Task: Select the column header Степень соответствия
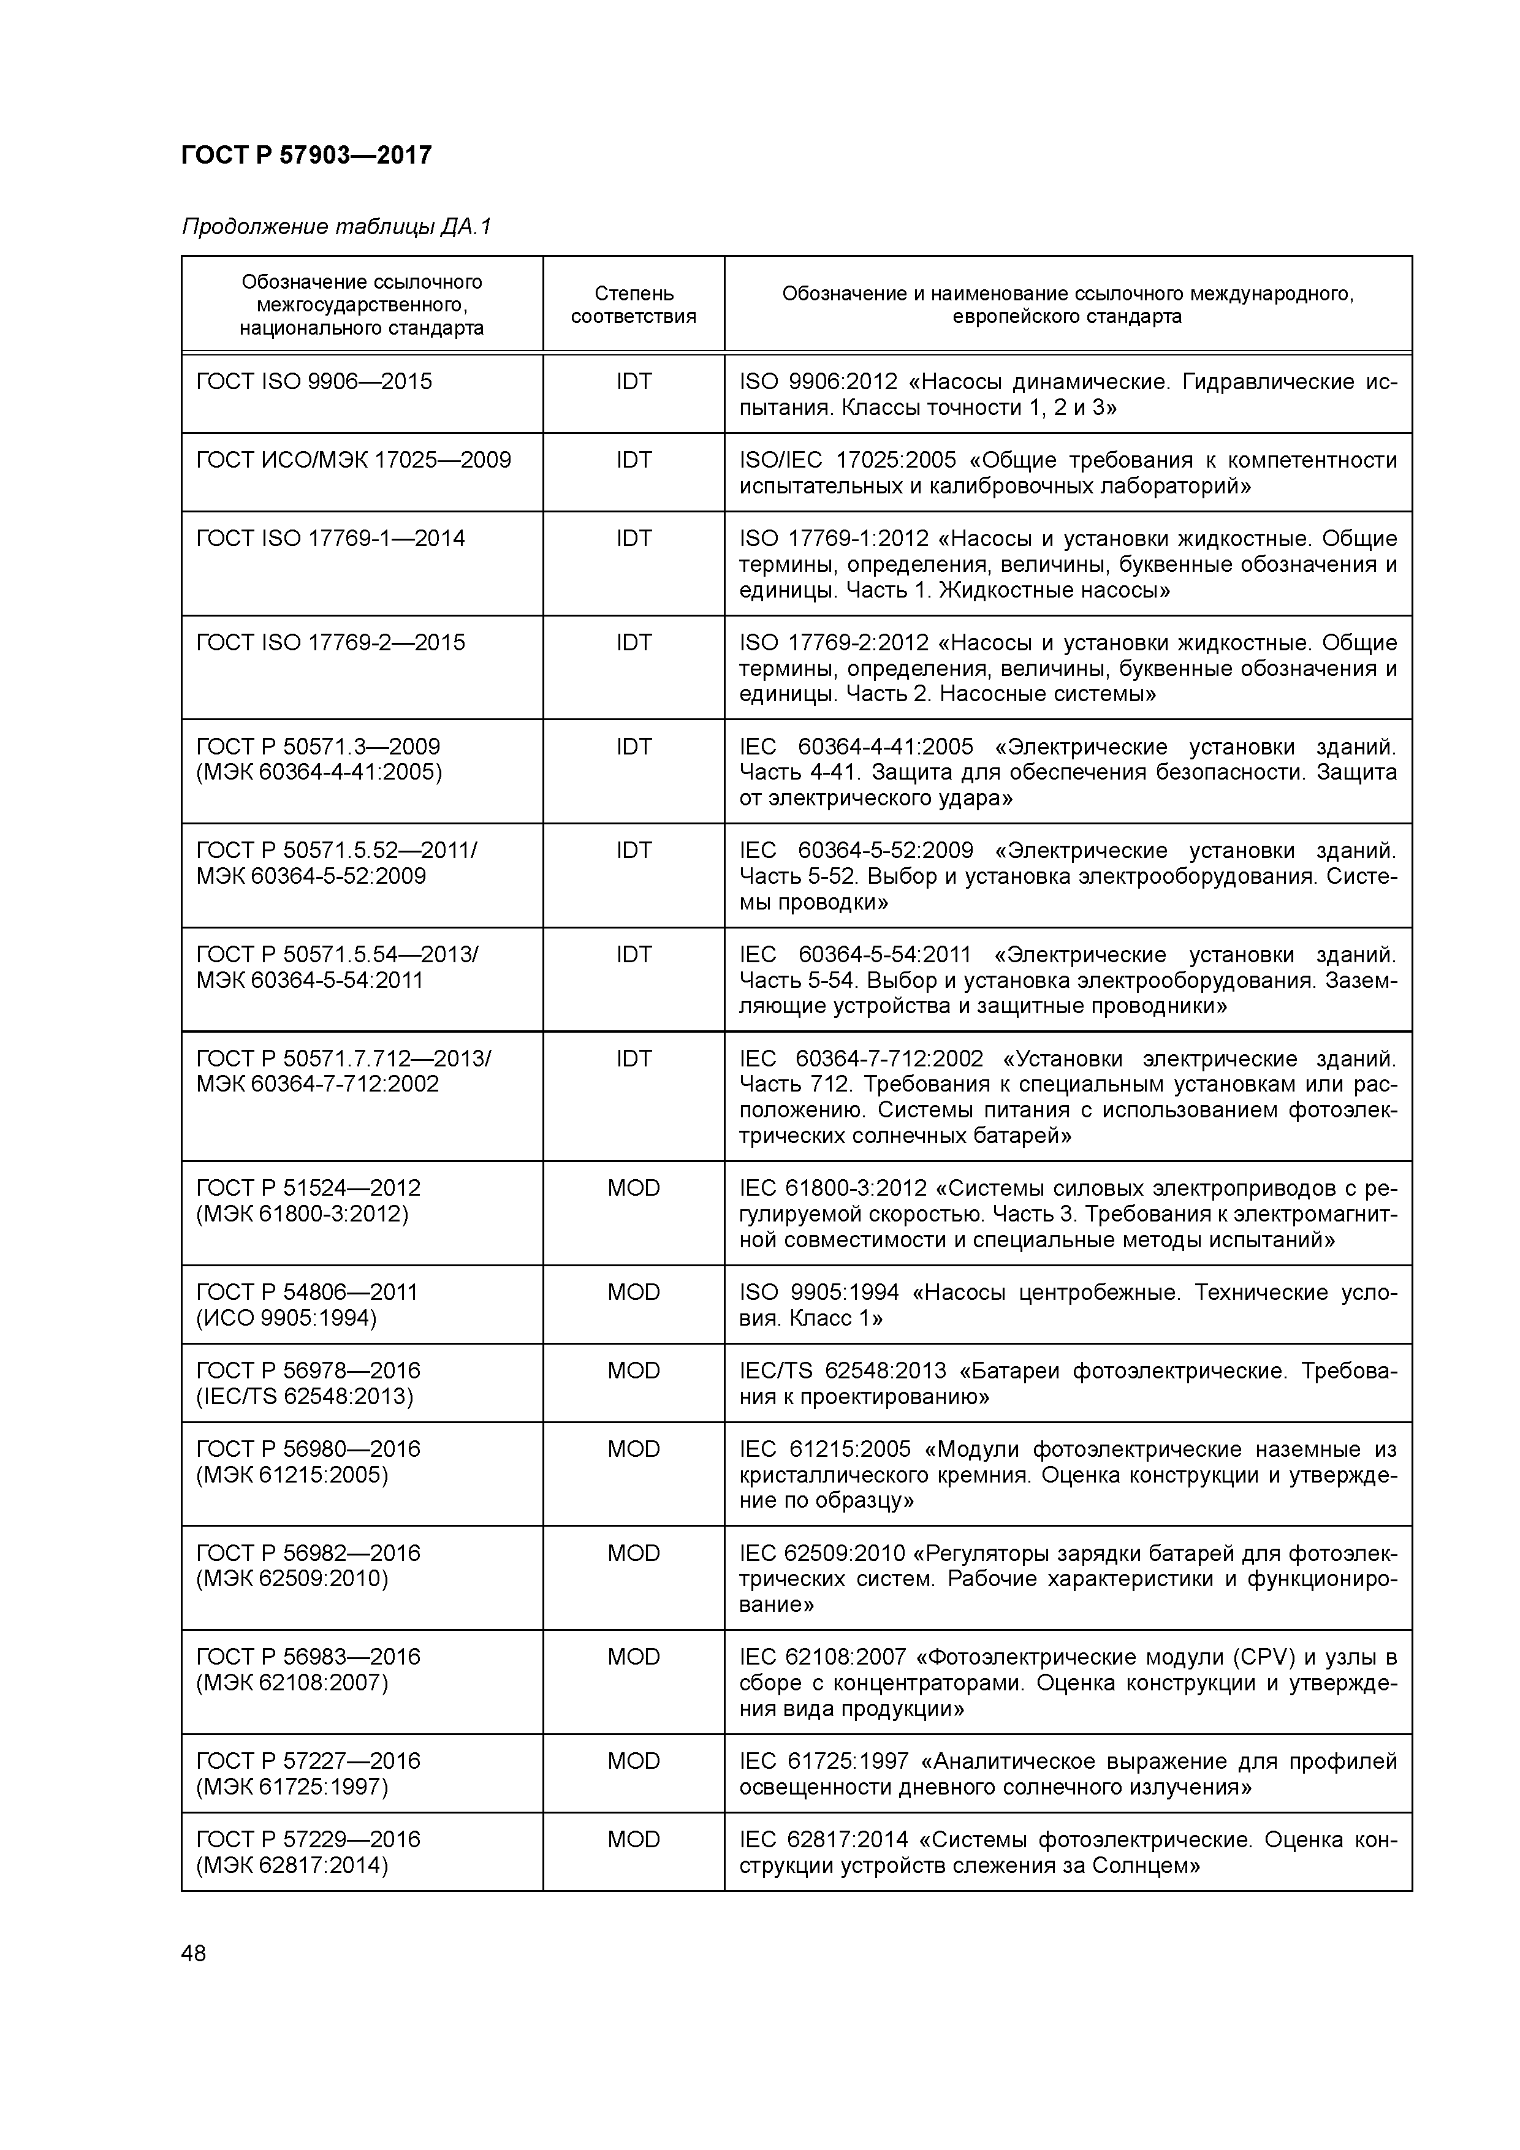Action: tap(633, 305)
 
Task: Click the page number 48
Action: tap(194, 1953)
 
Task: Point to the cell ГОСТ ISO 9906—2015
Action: tap(314, 381)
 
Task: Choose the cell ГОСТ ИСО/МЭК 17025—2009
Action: tap(353, 460)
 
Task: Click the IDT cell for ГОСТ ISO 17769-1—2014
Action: tap(633, 539)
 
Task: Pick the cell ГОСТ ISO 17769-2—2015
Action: tap(330, 642)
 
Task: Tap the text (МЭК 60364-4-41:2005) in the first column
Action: tap(319, 772)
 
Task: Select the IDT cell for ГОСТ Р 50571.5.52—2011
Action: tap(633, 850)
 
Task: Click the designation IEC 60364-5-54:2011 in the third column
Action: tap(855, 955)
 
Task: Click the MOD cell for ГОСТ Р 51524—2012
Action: tap(633, 1188)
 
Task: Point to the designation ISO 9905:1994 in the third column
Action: tap(819, 1293)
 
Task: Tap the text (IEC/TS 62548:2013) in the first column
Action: tap(305, 1397)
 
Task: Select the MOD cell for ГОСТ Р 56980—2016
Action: tap(633, 1449)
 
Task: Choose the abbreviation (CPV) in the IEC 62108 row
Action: tap(1257, 1657)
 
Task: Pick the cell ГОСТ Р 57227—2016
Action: tap(308, 1761)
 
